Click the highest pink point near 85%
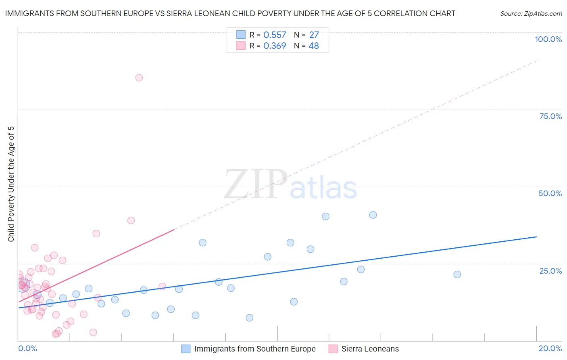(x=139, y=78)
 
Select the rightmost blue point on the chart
(x=457, y=274)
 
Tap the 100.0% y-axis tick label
(x=548, y=39)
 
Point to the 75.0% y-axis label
(x=550, y=116)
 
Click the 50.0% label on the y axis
(x=550, y=193)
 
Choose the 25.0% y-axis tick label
(x=550, y=271)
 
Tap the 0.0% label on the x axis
(x=27, y=348)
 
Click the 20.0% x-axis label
(x=550, y=348)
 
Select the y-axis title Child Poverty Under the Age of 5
(x=11, y=184)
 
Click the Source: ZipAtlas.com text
(x=531, y=14)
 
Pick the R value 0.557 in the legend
(x=275, y=35)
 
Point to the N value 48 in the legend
(x=314, y=46)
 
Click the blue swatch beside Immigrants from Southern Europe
(x=186, y=349)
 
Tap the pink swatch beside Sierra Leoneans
(x=333, y=349)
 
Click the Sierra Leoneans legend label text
(x=370, y=349)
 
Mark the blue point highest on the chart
(x=373, y=215)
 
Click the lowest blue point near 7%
(x=250, y=318)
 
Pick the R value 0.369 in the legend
(x=275, y=46)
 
